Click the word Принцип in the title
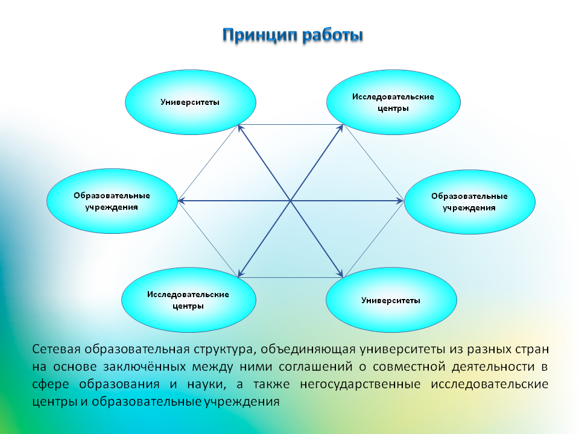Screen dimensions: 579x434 click(260, 36)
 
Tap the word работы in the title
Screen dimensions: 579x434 click(332, 36)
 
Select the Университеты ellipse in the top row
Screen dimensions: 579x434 click(191, 102)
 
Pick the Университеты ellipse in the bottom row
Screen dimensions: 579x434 click(391, 300)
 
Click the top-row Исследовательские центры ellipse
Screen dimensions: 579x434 click(394, 102)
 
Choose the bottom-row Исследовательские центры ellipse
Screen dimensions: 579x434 click(189, 300)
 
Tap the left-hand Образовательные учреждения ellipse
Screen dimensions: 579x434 click(112, 201)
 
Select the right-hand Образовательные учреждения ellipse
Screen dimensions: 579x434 click(470, 202)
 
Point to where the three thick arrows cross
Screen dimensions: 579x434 click(291, 201)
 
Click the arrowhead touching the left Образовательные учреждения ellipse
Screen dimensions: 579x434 click(182, 201)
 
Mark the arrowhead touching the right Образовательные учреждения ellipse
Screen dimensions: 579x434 click(400, 201)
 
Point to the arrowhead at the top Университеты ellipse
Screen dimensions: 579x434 click(241, 128)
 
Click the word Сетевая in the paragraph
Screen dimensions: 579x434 click(57, 349)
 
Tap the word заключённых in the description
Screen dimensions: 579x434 click(144, 367)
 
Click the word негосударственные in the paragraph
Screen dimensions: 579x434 click(360, 385)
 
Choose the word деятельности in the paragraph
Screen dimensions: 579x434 click(493, 367)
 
